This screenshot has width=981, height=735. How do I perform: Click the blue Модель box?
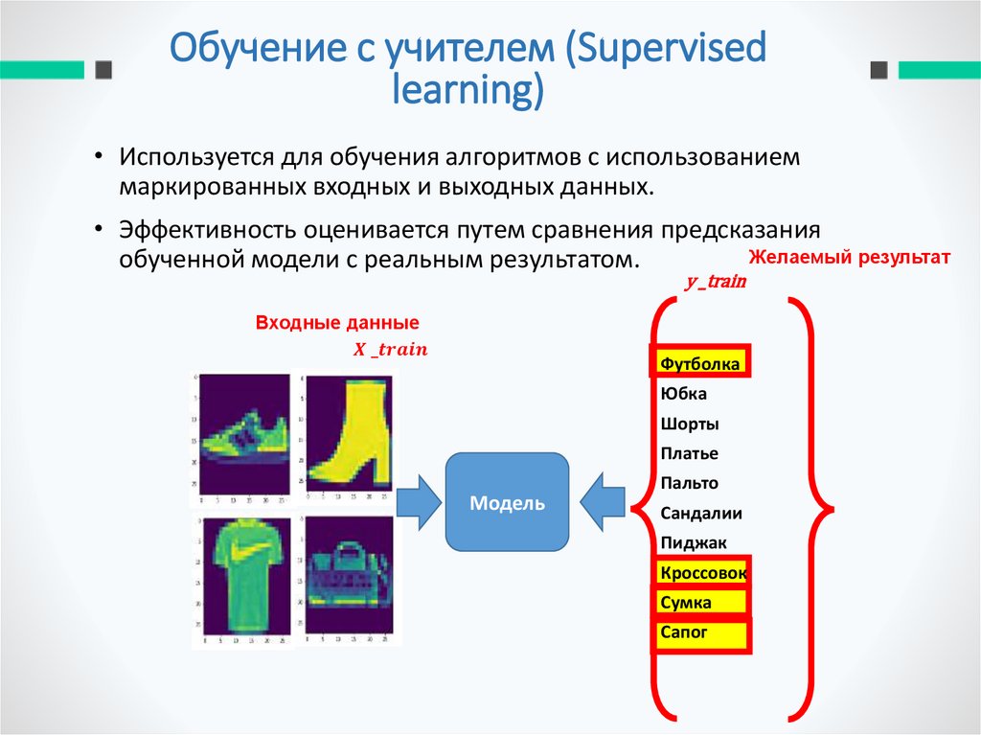click(x=507, y=502)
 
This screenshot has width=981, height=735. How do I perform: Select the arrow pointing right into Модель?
click(x=418, y=500)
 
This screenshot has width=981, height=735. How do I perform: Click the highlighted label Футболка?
click(x=700, y=364)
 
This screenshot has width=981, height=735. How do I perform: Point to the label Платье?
click(x=689, y=453)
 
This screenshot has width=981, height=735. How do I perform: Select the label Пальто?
click(x=689, y=483)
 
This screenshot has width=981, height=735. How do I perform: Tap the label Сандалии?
click(x=701, y=513)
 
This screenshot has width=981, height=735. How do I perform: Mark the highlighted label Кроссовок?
click(x=703, y=573)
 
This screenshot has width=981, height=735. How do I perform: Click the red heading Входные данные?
click(x=337, y=323)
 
